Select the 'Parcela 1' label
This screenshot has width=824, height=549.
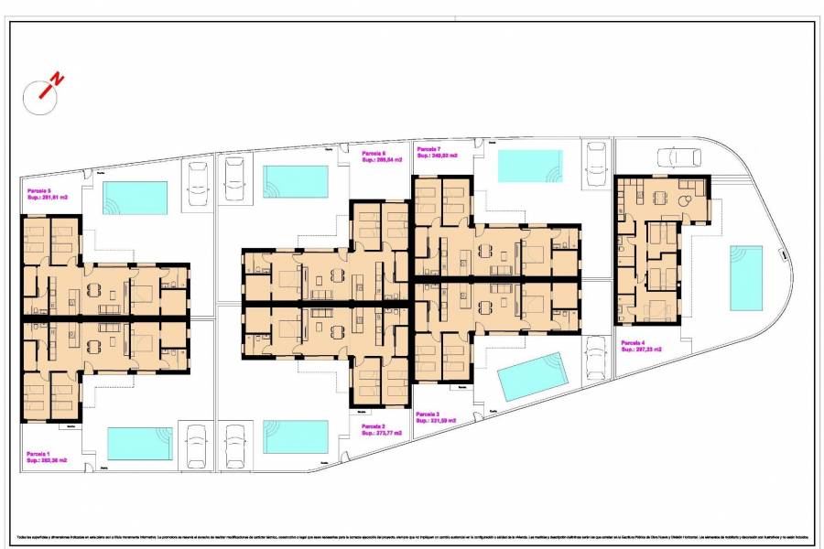[x=38, y=454]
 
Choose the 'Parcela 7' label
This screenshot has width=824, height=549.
[x=428, y=148]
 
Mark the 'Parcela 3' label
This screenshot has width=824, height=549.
[x=428, y=414]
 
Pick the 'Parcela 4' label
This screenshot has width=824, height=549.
[x=634, y=343]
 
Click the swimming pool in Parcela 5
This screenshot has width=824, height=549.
[x=136, y=196]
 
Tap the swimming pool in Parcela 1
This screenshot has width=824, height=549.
[x=139, y=443]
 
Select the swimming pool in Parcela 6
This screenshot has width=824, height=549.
[x=296, y=181]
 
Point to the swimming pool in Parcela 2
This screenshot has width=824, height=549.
[x=296, y=436]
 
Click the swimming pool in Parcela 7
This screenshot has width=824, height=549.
[x=529, y=166]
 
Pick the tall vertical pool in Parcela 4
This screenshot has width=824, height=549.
[x=746, y=277]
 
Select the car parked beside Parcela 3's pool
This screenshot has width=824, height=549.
[x=596, y=359]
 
